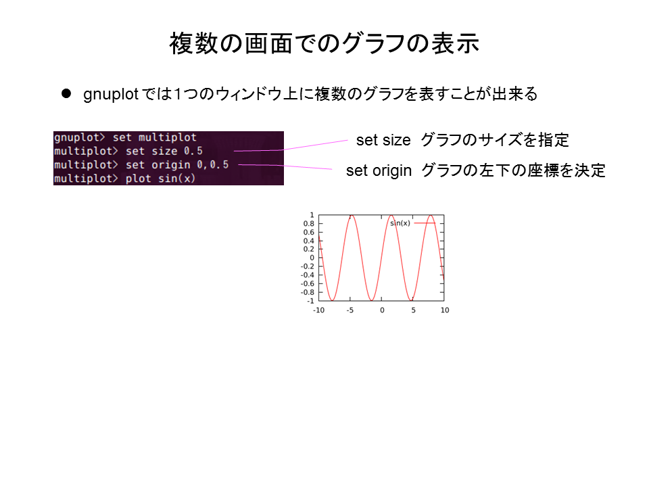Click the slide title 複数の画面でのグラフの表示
(324, 43)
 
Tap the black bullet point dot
(66, 93)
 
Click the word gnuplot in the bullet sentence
(110, 95)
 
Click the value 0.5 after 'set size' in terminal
(193, 151)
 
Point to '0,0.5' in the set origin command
(213, 164)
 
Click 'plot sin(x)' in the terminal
(160, 179)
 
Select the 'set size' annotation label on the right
(383, 140)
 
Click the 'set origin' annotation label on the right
(379, 170)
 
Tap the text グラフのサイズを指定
(495, 140)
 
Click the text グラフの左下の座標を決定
(513, 170)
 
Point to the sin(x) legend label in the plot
(400, 223)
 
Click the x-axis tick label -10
(318, 310)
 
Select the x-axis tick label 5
(414, 310)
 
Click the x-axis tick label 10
(445, 310)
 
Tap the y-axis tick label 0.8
(309, 224)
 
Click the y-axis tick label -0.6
(308, 283)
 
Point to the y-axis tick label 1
(312, 215)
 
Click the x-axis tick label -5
(350, 310)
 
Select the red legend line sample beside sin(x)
(425, 223)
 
